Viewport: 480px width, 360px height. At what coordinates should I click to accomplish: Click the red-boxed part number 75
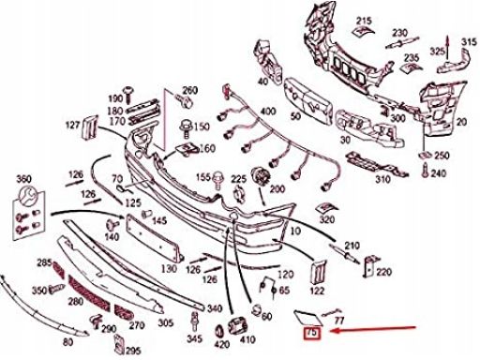click(x=311, y=333)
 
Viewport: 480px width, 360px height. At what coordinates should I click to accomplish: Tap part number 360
click(x=24, y=178)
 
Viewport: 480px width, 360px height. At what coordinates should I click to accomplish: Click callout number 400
click(x=267, y=112)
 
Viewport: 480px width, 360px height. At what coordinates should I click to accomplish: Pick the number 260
click(x=190, y=90)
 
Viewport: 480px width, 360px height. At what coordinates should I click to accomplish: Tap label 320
click(x=326, y=218)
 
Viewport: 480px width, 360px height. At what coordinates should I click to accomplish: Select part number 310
click(x=382, y=178)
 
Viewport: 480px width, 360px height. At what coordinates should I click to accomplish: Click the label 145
click(x=158, y=220)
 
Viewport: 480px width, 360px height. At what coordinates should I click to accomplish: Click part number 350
click(x=38, y=291)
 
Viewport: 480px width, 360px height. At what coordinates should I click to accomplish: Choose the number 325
click(x=438, y=50)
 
